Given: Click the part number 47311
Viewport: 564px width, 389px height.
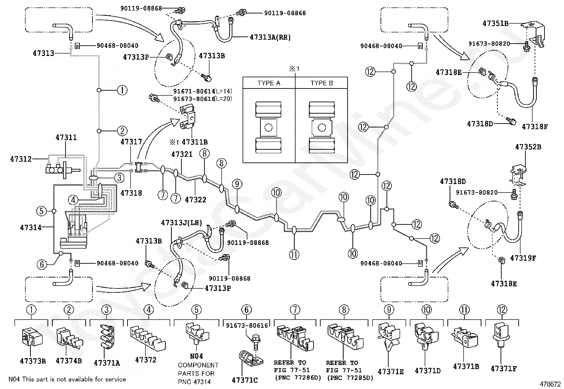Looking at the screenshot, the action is coord(66,137).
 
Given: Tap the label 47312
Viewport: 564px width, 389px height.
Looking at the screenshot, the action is coord(21,159).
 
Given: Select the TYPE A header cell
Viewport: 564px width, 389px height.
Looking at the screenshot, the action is coord(269,83).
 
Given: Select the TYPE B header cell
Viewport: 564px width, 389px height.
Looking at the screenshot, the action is coord(322,83).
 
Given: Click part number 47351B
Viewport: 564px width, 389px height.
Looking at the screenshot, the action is coord(495,23).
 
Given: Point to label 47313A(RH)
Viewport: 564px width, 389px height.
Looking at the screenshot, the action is coord(270,37).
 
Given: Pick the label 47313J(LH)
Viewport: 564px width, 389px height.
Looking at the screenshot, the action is coord(181,223).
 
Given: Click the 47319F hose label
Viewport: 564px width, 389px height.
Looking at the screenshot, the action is coord(523,258).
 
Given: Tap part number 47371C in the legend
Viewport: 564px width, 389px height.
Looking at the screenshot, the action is coord(245,380).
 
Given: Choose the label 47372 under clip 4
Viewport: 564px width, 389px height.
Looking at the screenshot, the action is coord(146,360).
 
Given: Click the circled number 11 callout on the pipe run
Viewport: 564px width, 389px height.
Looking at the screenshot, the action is coord(294,254).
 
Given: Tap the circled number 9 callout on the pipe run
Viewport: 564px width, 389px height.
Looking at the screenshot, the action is coord(237,184).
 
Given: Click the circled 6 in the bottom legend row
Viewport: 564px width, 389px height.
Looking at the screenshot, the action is coord(247,309).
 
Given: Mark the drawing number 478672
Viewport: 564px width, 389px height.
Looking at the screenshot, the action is coord(550,384).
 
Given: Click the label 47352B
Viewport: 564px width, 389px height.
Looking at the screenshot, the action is coord(528,147).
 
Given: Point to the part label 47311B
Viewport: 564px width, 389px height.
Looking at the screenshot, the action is coord(194,142).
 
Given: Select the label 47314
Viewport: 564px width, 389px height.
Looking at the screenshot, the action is coord(31,228).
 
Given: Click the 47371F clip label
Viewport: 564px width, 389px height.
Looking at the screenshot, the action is coord(503,368).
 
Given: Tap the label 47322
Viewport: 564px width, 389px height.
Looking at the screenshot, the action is coord(196,200).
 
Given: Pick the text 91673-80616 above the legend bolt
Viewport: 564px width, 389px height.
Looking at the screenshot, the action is coord(247,326).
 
